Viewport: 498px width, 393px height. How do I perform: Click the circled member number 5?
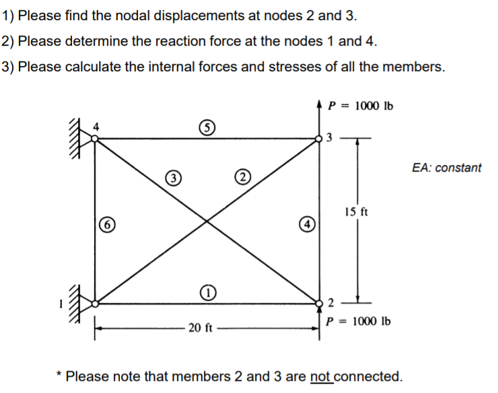coord(207,127)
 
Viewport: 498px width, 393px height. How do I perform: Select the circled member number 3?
coord(173,178)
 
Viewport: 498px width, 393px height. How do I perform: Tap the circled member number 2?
coord(242,178)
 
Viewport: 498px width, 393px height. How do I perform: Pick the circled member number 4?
coord(306,223)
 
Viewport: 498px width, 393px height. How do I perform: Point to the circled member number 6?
coord(106,224)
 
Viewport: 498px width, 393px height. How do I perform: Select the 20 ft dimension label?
coord(201,328)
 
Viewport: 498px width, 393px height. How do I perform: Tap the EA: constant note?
coord(446,168)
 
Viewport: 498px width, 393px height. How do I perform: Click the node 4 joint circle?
coord(96,139)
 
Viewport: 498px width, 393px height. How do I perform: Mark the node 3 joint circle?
coord(319,139)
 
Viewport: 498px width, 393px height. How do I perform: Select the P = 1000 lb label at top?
coord(360,106)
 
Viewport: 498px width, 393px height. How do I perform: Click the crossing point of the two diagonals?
coord(207,221)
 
